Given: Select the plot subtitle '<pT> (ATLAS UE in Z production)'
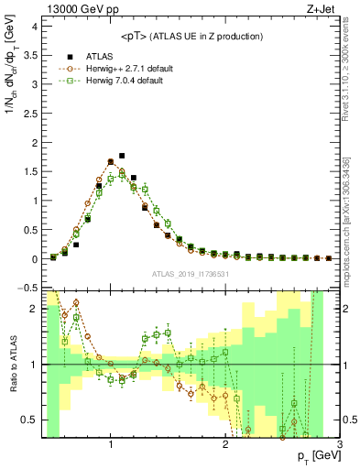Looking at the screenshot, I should click(190, 36).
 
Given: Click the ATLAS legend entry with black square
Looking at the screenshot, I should click(92, 56).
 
